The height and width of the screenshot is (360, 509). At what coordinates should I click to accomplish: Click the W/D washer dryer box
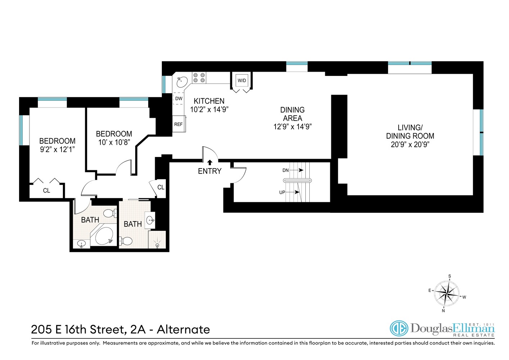tap(242, 81)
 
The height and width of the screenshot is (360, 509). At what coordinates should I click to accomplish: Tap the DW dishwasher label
tap(178, 99)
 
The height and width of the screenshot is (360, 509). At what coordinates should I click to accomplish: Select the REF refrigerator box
tap(178, 124)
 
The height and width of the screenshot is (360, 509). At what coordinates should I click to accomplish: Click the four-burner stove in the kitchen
tap(199, 78)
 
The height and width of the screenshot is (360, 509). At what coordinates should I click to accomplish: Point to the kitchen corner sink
tap(182, 82)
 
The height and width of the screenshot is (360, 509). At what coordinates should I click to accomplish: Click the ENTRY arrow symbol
tap(210, 162)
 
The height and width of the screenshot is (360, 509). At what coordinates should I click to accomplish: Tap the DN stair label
tap(285, 170)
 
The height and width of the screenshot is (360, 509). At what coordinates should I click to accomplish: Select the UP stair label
tap(282, 192)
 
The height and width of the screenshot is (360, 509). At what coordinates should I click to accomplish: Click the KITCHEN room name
tap(209, 101)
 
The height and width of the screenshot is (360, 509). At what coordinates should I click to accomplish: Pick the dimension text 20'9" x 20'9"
tap(410, 145)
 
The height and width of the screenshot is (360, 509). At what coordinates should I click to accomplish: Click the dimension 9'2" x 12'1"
tap(57, 149)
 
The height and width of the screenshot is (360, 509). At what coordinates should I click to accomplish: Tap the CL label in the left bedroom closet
tap(46, 190)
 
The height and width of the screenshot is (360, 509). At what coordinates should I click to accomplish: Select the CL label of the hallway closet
tap(161, 187)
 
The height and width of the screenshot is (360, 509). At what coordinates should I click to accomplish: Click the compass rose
tap(446, 293)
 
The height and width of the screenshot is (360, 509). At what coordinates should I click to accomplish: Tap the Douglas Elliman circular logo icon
tap(399, 329)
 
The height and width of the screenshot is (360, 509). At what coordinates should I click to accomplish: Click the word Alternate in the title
tap(183, 329)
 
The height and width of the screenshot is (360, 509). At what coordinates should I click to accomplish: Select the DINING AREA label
tap(292, 114)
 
